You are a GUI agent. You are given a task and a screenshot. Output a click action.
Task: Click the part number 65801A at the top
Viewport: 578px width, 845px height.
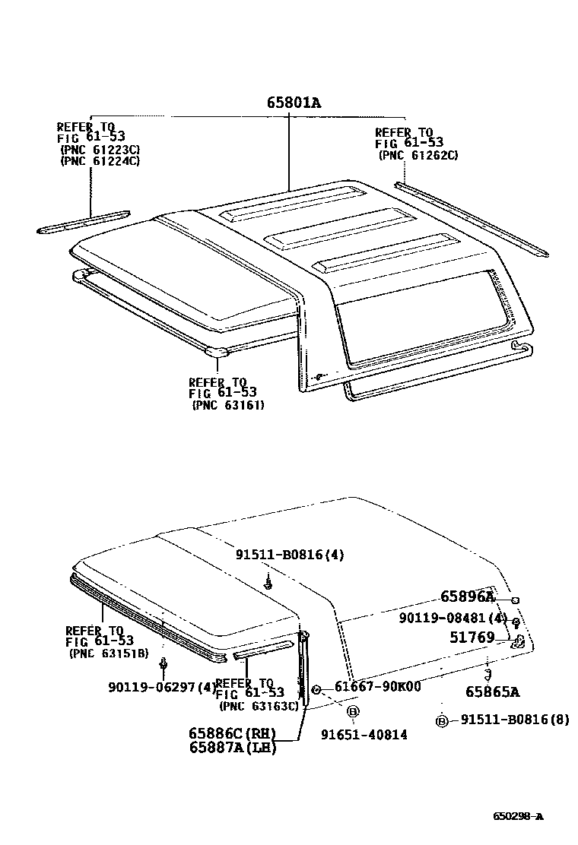pyautogui.click(x=294, y=103)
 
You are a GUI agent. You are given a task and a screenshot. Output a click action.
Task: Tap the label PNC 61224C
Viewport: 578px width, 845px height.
pyautogui.click(x=100, y=160)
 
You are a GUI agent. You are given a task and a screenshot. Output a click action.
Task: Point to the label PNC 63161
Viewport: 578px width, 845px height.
pyautogui.click(x=229, y=405)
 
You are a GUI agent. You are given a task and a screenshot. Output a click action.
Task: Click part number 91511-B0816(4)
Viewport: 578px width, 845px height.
pyautogui.click(x=289, y=555)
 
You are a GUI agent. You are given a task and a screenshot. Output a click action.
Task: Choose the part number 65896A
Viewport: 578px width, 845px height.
pyautogui.click(x=468, y=597)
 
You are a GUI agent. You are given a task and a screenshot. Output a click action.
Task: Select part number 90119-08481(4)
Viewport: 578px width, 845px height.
pyautogui.click(x=453, y=619)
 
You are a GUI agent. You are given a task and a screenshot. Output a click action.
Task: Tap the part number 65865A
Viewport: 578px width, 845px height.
pyautogui.click(x=493, y=692)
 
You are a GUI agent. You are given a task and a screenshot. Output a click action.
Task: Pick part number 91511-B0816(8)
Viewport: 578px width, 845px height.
pyautogui.click(x=515, y=719)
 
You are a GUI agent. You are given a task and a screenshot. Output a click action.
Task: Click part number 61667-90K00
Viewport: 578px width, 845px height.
pyautogui.click(x=378, y=687)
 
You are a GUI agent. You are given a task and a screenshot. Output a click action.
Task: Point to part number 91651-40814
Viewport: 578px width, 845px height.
pyautogui.click(x=364, y=734)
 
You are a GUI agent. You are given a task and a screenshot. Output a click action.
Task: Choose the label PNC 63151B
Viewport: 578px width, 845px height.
pyautogui.click(x=109, y=653)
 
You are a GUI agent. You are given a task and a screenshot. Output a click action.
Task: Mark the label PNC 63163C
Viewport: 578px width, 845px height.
pyautogui.click(x=259, y=706)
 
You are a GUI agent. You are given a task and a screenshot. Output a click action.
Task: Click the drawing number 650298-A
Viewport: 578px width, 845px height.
pyautogui.click(x=518, y=817)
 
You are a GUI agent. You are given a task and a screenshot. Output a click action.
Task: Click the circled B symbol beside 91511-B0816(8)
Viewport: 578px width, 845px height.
pyautogui.click(x=442, y=720)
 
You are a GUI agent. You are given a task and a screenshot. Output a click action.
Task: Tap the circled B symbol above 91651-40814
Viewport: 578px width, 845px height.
pyautogui.click(x=353, y=711)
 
